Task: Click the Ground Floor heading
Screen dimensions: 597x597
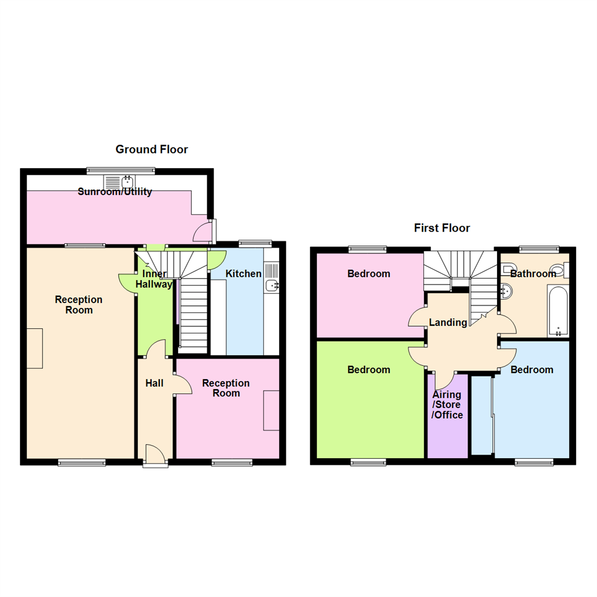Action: (x=151, y=149)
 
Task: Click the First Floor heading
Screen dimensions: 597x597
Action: (x=442, y=228)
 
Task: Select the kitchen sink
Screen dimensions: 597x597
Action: (x=271, y=285)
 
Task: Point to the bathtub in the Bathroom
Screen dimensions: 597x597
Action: (x=558, y=311)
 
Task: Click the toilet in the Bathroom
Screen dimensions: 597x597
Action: (x=558, y=270)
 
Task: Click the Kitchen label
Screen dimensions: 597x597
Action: (x=243, y=274)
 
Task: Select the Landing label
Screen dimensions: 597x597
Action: (x=448, y=322)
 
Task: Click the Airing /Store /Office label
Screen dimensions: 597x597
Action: (x=447, y=405)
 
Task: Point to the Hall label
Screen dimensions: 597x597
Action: (x=154, y=383)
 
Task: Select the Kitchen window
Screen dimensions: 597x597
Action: (x=255, y=243)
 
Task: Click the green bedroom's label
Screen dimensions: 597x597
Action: (x=369, y=370)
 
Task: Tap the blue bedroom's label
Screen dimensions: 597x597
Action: (x=532, y=370)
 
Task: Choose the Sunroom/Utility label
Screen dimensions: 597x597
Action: (x=114, y=192)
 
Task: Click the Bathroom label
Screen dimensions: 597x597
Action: (x=533, y=274)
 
